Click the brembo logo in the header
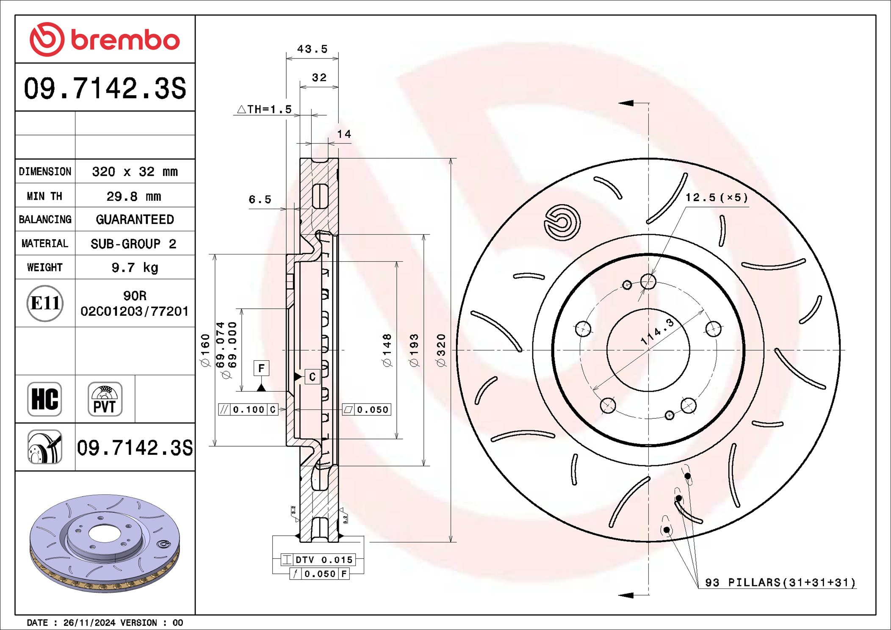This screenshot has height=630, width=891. [x=105, y=39]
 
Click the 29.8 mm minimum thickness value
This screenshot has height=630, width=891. [x=134, y=196]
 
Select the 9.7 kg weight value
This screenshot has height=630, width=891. [x=135, y=268]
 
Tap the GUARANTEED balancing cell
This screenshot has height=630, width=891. [x=135, y=219]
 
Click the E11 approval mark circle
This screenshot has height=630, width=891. [x=45, y=303]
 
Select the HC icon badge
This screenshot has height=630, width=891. [x=44, y=399]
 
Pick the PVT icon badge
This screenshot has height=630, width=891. [x=105, y=399]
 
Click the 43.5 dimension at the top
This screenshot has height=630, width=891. [x=312, y=49]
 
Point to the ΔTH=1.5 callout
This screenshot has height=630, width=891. [x=265, y=109]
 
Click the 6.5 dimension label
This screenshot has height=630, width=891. [x=260, y=199]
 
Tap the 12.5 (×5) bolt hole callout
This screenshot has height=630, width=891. [x=717, y=198]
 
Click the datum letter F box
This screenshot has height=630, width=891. [x=261, y=368]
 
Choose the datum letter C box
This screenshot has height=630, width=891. [x=312, y=376]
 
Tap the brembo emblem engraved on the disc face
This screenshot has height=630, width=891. [x=562, y=223]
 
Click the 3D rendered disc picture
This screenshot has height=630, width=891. [x=105, y=543]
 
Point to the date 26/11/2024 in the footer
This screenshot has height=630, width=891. [x=89, y=623]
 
